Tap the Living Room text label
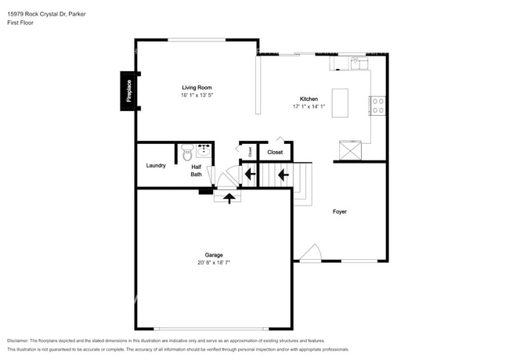(x=197, y=88)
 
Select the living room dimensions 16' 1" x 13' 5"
(x=197, y=95)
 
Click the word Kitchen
(x=309, y=99)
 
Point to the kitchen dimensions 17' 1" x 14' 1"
(x=309, y=106)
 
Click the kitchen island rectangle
(x=340, y=103)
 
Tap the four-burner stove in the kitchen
(x=377, y=105)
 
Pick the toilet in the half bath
(x=186, y=154)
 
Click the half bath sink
(x=204, y=149)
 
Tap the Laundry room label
(x=156, y=165)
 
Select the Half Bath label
(x=197, y=170)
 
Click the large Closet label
(x=275, y=152)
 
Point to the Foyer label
(x=339, y=211)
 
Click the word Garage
(x=214, y=255)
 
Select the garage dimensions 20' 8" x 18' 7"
(x=214, y=263)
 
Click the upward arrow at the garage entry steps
(x=229, y=198)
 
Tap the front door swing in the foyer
(x=310, y=253)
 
